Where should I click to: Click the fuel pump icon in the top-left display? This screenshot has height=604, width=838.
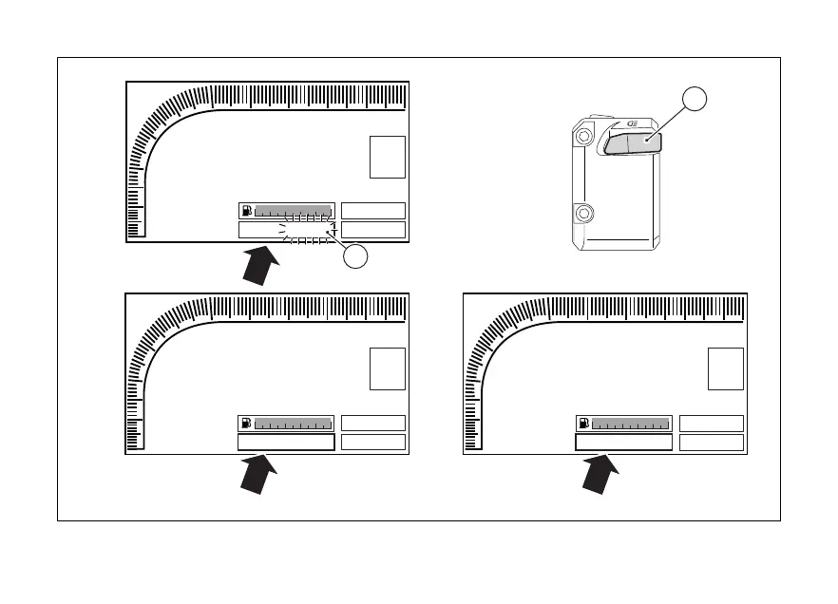point(246,211)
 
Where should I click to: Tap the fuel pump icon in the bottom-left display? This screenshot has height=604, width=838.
point(246,424)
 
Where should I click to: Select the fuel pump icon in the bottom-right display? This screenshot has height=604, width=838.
point(584,424)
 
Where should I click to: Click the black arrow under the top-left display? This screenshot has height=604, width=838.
point(262,264)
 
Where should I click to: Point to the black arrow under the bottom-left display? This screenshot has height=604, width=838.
point(262,474)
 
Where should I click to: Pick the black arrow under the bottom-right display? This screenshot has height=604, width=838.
point(600,474)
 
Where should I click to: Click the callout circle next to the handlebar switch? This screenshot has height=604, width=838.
point(695,100)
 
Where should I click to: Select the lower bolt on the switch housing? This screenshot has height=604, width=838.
point(583,212)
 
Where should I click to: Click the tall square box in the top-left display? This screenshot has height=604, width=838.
point(388,157)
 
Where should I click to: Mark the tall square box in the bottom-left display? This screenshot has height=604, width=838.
point(388,368)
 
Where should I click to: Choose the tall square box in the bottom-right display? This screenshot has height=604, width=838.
point(726,368)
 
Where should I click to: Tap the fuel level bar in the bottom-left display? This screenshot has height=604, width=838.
point(293,424)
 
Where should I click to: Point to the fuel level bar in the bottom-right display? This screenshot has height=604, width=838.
point(631,424)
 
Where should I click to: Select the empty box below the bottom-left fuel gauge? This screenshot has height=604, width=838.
point(285,443)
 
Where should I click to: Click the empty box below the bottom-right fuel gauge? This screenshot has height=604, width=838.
point(623,443)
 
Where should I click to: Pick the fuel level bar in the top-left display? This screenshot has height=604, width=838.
point(293,211)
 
